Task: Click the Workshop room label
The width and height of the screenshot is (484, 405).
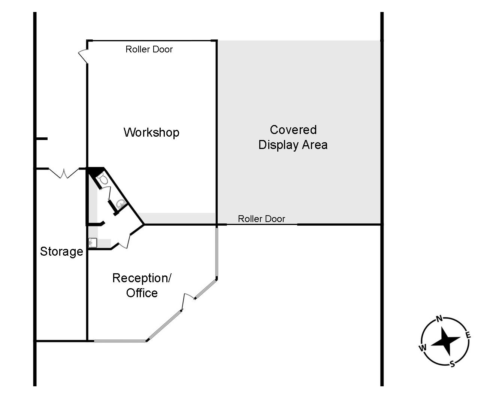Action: coord(151,133)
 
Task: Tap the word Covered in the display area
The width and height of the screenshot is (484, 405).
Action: coord(293,130)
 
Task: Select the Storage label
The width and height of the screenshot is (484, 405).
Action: coord(61,252)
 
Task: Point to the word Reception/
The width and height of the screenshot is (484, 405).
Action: coord(142,278)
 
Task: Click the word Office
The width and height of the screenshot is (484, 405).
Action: coord(142,293)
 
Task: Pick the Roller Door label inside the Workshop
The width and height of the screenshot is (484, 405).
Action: coord(149,49)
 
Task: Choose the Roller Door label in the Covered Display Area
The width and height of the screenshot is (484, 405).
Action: coord(261,219)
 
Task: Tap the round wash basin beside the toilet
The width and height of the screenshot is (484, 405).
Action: coord(121,204)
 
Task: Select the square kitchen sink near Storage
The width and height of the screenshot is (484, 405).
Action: coord(93,243)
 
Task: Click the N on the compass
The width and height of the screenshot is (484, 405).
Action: coord(439,319)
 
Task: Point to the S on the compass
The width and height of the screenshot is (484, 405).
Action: coord(452,364)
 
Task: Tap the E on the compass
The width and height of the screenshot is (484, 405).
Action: coord(468,335)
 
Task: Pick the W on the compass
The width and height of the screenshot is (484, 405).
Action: coord(423,347)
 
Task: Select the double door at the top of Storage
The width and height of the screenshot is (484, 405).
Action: coord(64,173)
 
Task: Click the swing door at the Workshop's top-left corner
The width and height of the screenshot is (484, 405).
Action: coord(83,56)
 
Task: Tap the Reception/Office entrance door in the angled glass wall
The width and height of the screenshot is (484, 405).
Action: coord(188,301)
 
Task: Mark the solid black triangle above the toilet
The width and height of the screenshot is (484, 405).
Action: coord(96,172)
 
